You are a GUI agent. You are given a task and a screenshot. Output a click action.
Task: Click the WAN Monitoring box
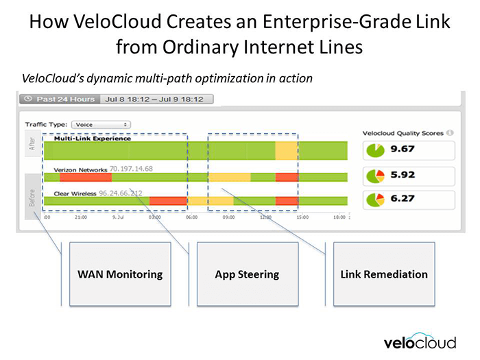click(x=119, y=274)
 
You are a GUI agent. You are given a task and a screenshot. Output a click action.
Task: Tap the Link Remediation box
click(x=383, y=274)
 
